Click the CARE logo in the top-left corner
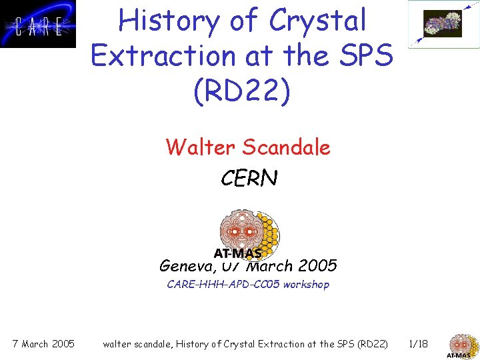pos(38,24)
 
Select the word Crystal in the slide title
pos(318,21)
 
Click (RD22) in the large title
pos(242,92)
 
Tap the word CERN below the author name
pos(248,178)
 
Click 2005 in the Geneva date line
pos(317,266)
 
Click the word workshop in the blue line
pos(306,285)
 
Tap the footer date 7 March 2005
pos(43,344)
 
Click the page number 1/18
pos(419,344)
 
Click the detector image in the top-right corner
pos(442,24)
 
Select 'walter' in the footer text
pos(119,344)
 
